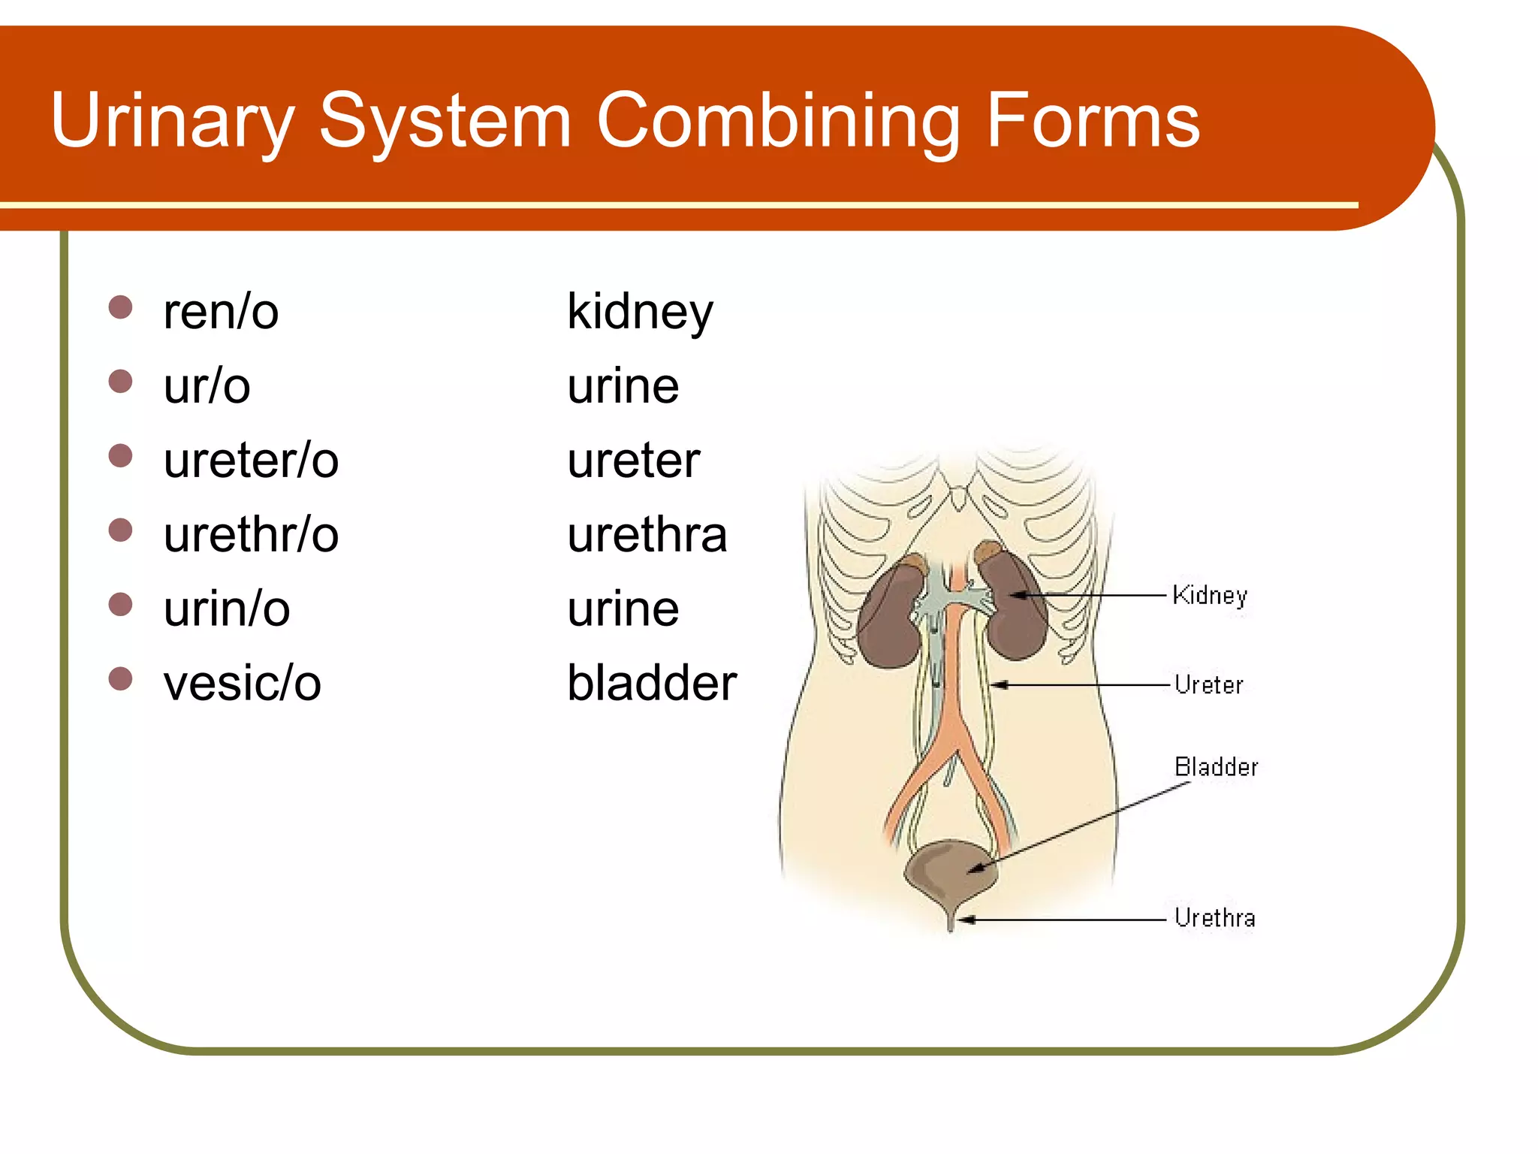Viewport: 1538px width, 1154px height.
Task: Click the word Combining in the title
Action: click(777, 120)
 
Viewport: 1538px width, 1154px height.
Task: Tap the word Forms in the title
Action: click(1093, 120)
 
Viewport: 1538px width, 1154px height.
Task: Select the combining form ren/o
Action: click(221, 312)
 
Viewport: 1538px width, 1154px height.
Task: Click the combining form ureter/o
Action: click(251, 461)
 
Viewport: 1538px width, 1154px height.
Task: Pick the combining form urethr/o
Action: click(251, 535)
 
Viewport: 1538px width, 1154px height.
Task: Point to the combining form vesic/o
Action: click(242, 684)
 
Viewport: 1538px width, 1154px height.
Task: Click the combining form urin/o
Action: click(227, 609)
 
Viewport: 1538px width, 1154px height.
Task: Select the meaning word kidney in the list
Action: click(640, 312)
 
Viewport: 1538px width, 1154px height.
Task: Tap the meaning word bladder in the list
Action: click(652, 684)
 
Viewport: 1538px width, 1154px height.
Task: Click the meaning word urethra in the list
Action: click(647, 535)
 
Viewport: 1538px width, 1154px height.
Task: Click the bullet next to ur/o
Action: click(120, 381)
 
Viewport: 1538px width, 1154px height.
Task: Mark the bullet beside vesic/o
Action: click(120, 678)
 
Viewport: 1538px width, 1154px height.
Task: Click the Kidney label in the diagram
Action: click(1209, 596)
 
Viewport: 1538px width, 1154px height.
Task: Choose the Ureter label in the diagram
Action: click(1208, 685)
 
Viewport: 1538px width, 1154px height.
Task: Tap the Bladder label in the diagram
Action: click(1216, 767)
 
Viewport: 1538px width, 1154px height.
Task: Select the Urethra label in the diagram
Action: click(1214, 918)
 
